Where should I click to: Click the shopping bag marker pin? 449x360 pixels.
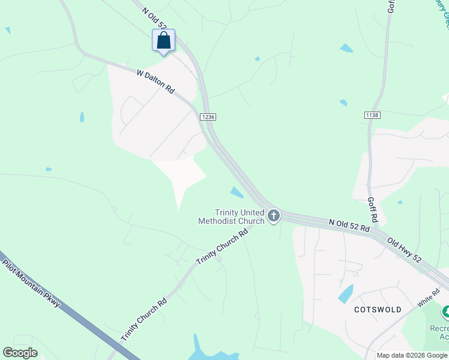tap(163, 41)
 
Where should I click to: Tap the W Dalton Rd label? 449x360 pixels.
tap(155, 82)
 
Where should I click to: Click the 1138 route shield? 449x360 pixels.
tap(372, 115)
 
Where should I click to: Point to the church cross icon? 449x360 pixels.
tap(274, 215)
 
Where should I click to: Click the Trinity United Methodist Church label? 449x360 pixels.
tap(232, 217)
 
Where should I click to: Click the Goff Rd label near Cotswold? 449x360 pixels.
tap(372, 208)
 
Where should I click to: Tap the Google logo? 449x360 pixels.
tap(20, 352)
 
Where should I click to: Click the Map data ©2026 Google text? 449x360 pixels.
tap(412, 355)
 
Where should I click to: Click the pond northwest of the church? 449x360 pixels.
tap(237, 192)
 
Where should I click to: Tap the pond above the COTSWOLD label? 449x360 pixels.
tap(346, 294)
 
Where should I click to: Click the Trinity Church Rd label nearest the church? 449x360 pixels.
tap(222, 247)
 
